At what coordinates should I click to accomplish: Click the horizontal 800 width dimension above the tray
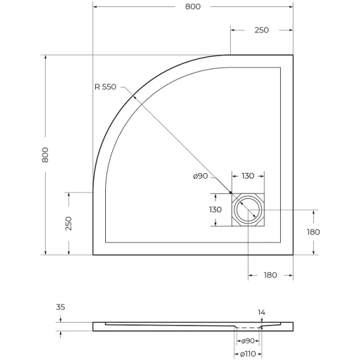click(193, 7)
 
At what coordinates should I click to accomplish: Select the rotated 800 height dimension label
click(45, 155)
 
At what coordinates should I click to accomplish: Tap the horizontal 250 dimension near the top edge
click(262, 30)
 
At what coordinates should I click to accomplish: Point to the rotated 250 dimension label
click(68, 223)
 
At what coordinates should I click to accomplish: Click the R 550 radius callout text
click(105, 87)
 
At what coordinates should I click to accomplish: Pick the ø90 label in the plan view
click(200, 176)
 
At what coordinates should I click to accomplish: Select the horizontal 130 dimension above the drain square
click(248, 176)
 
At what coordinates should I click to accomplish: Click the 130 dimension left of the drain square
click(215, 209)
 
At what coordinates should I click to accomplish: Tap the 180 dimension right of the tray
click(313, 232)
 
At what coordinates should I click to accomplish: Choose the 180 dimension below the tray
click(271, 275)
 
